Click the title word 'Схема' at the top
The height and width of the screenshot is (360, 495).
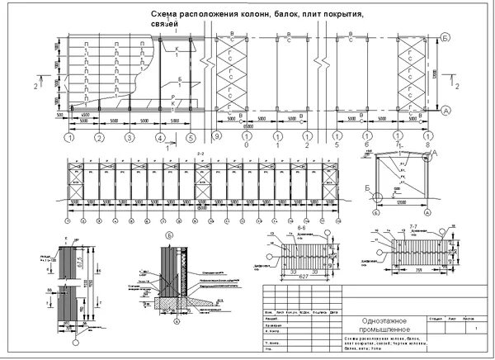tap(167, 16)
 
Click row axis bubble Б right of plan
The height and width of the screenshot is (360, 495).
tap(445, 39)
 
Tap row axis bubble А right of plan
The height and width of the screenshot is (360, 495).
tap(445, 110)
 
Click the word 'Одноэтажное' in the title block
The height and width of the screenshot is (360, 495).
tap(380, 321)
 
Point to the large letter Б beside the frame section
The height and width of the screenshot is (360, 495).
tap(367, 188)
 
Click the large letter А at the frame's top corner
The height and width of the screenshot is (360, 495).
tap(434, 154)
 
